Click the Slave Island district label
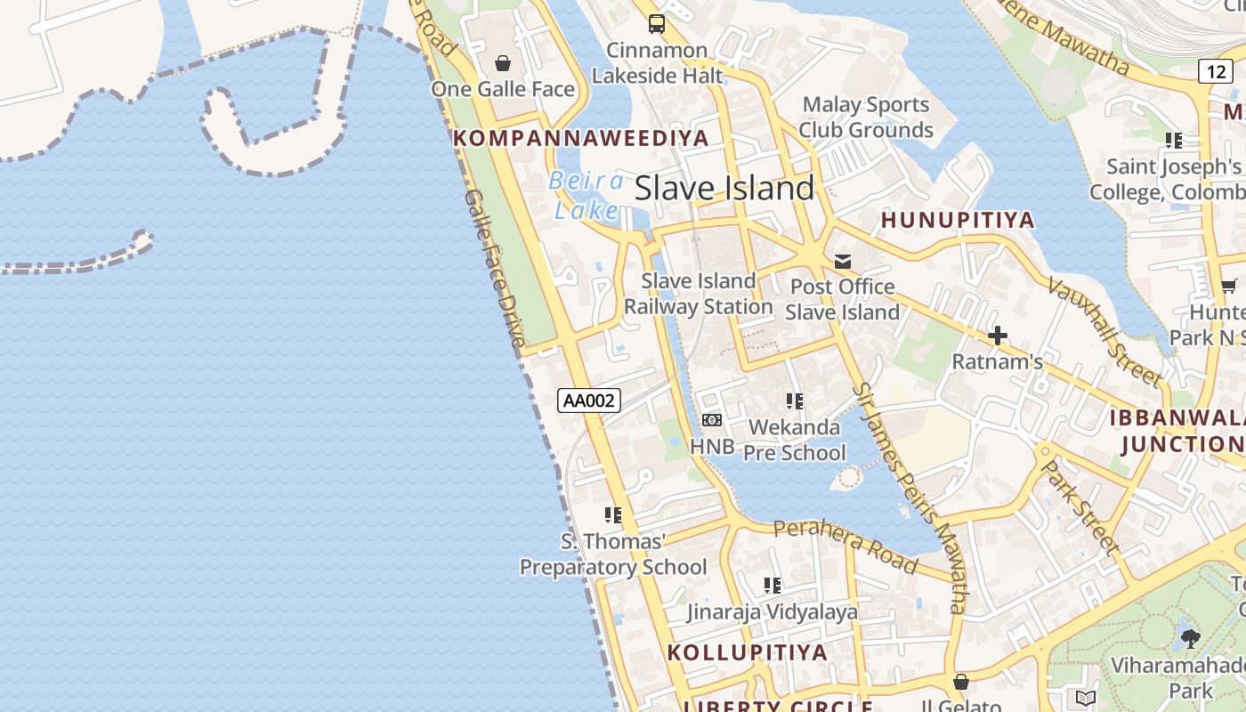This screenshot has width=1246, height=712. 724,188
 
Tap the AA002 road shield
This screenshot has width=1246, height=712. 589,400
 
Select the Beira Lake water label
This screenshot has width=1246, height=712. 587,195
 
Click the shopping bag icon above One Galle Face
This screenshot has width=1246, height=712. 503,63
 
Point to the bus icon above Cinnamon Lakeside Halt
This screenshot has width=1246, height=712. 657,24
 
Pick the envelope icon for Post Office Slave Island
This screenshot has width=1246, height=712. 842,261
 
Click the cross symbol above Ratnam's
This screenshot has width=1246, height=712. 998,336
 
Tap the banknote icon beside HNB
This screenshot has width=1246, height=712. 711,419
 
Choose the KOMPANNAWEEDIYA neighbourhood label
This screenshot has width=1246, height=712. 581,138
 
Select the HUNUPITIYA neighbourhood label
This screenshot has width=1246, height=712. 958,220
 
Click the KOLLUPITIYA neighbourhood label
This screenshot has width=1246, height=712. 748,651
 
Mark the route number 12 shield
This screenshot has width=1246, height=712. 1215,71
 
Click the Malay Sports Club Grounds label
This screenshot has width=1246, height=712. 865,117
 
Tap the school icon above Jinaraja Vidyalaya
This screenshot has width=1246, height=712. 773,585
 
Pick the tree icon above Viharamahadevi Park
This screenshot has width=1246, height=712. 1191,638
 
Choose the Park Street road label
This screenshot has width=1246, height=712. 1080,506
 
